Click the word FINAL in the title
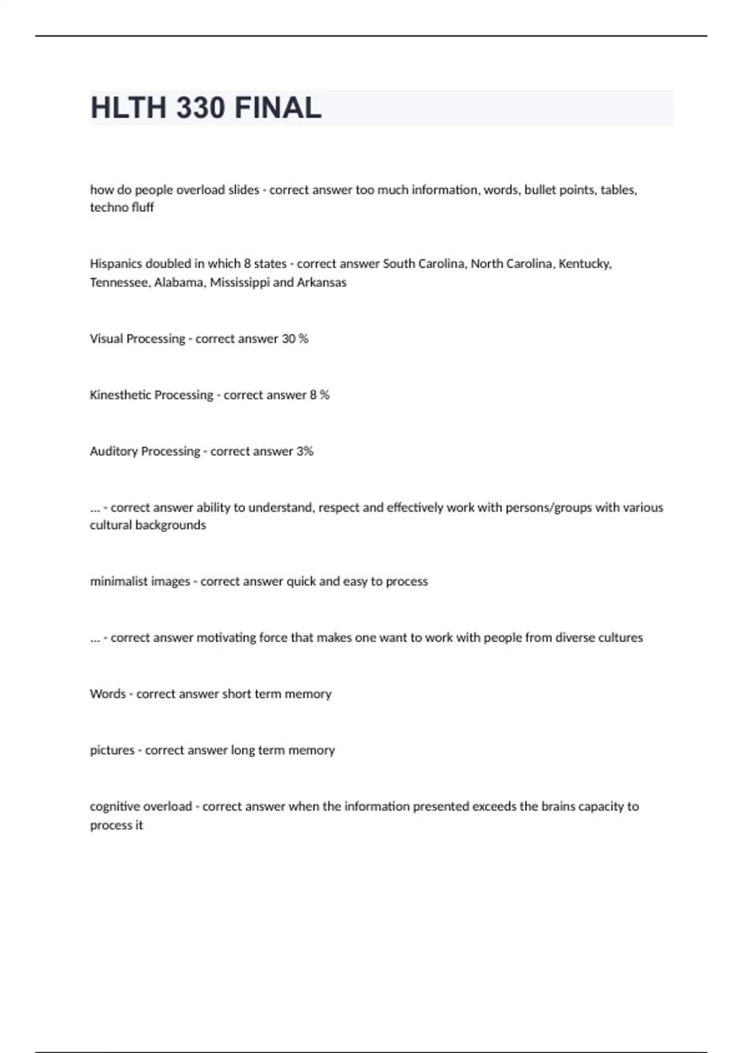[x=278, y=108]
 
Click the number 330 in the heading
[x=201, y=108]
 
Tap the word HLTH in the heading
[x=129, y=108]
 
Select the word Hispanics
[x=116, y=264]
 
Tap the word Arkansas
[x=321, y=282]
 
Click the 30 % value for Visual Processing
[x=295, y=339]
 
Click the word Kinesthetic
[x=120, y=395]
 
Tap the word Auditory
[x=113, y=452]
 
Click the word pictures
[x=112, y=751]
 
